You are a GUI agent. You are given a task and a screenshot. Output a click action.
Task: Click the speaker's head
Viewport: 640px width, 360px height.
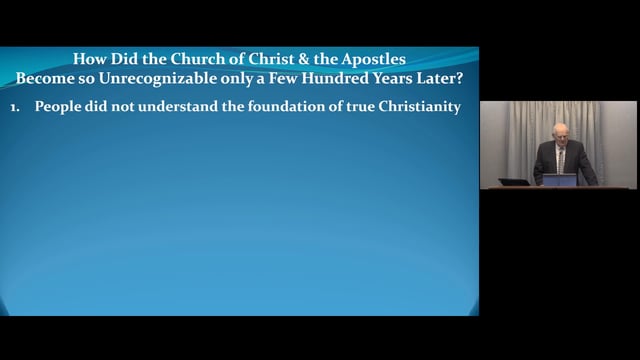(561, 132)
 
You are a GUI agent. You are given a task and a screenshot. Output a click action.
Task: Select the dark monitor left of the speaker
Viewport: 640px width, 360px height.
(514, 181)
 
